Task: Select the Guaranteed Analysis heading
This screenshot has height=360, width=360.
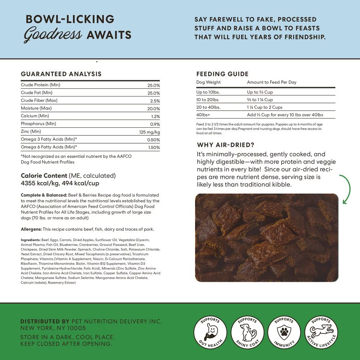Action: tap(61, 74)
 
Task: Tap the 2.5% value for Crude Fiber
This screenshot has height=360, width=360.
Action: tap(155, 101)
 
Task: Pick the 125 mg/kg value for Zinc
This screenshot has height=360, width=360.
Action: tap(149, 132)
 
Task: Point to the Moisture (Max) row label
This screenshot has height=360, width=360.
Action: tap(36, 108)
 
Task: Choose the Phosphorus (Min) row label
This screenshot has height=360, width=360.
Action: tap(39, 124)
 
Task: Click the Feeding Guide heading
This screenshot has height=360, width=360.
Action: tap(222, 74)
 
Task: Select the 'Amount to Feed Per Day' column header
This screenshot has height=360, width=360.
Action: tap(271, 82)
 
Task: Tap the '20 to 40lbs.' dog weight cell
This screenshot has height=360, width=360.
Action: tap(208, 107)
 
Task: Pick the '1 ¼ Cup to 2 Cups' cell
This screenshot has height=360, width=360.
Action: tap(265, 107)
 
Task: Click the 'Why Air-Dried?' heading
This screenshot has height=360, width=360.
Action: tap(226, 145)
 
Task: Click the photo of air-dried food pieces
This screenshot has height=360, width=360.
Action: tap(266, 238)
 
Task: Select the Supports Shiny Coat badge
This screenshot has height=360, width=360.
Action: tap(247, 332)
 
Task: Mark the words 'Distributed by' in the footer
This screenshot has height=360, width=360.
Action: tap(45, 321)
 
